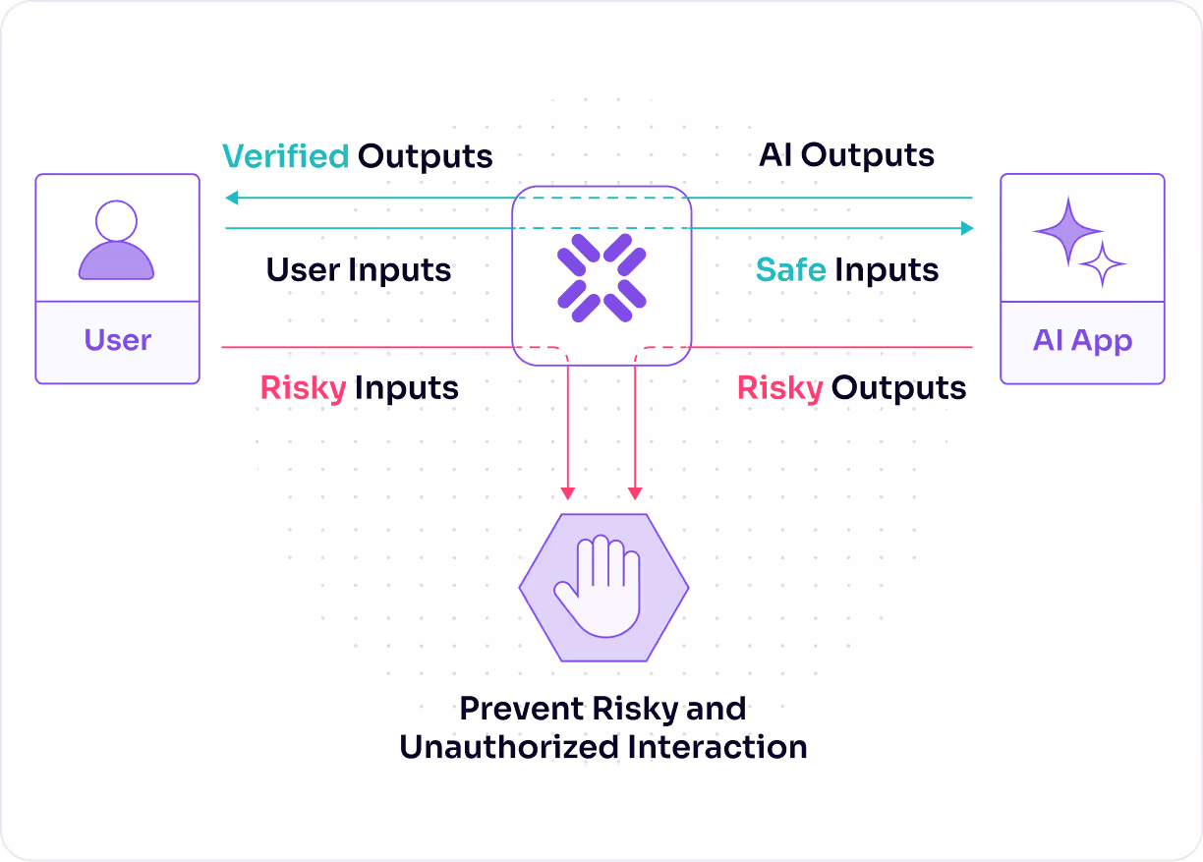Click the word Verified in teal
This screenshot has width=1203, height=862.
coord(286,156)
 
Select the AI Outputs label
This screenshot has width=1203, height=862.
coord(846,155)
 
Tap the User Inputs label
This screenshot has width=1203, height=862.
coord(359,269)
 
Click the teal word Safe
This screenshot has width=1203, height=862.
coord(790,269)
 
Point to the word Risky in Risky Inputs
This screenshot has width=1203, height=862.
coord(304,388)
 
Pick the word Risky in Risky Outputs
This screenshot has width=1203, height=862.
coord(779,388)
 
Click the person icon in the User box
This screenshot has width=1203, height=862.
coord(117,240)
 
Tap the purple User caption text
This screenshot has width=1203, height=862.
coord(118,339)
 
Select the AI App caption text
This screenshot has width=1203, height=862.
coord(1083,340)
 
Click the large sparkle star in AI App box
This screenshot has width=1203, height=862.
coord(1068,232)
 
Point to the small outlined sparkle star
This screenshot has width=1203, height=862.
coord(1103,263)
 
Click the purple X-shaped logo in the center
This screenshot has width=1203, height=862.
coord(601,278)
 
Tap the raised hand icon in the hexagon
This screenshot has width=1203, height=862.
coord(598,586)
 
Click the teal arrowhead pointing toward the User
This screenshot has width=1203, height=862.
coord(232,198)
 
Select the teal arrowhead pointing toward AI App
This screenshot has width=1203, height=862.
coord(967,228)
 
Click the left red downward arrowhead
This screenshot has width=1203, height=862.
coord(568,493)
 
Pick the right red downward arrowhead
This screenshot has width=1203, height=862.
coord(635,493)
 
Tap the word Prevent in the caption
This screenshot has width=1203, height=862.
coord(522,709)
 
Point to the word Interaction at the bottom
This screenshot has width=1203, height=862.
coord(717,747)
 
